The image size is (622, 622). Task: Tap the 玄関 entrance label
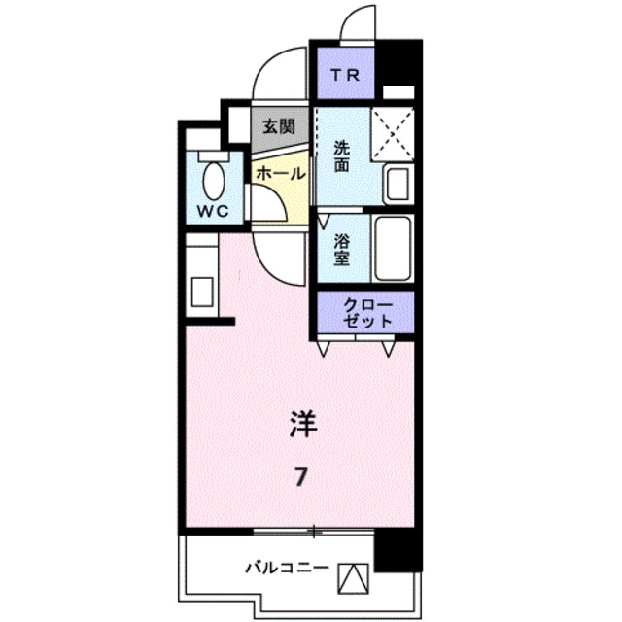coord(281,124)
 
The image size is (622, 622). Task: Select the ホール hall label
coord(280,173)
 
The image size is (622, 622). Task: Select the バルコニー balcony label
coord(286,567)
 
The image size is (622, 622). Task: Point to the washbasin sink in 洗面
coord(397,183)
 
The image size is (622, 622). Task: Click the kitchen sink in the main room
coord(202,290)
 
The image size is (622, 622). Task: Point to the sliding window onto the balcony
coord(314,531)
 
